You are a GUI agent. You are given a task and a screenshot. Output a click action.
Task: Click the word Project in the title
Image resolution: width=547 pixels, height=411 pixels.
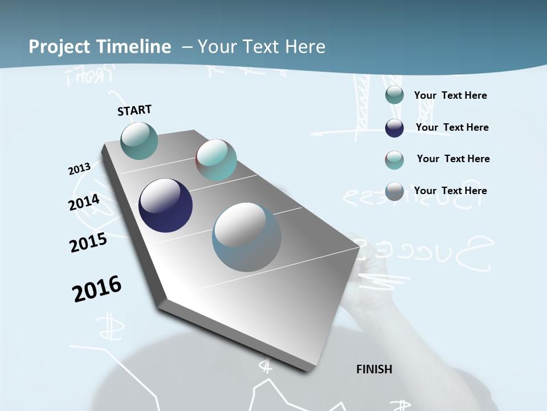click(x=60, y=47)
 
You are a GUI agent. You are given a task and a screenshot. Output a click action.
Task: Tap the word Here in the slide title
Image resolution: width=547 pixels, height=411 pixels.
click(x=305, y=47)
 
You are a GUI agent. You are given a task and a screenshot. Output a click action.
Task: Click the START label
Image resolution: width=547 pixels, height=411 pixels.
click(x=134, y=110)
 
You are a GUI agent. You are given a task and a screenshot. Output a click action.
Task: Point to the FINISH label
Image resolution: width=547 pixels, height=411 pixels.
click(x=374, y=369)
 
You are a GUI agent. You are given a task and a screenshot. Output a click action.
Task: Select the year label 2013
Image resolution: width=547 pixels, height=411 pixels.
click(x=79, y=169)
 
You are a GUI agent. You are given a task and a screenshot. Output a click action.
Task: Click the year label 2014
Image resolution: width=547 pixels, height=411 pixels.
click(x=84, y=203)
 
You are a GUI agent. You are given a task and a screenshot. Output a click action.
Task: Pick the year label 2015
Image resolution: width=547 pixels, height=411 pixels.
click(x=88, y=243)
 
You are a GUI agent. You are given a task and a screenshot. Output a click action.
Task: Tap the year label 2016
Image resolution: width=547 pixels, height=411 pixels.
click(x=97, y=289)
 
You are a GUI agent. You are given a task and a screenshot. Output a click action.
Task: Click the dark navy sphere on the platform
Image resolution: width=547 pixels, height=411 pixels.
click(x=165, y=205)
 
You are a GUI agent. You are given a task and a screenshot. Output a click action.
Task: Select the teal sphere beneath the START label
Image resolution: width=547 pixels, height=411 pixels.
click(x=139, y=140)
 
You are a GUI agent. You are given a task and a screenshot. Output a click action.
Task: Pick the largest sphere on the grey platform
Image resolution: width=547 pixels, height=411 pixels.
click(x=247, y=237)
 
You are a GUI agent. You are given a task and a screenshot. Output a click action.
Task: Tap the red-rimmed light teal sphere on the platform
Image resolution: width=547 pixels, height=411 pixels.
click(x=216, y=160)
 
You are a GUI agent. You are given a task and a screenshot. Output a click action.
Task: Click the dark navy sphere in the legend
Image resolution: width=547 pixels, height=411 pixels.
click(x=394, y=128)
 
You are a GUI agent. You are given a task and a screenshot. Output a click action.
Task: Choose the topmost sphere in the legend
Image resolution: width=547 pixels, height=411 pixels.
click(x=394, y=95)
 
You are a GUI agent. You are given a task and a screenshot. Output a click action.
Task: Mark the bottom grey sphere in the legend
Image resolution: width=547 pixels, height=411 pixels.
click(x=394, y=191)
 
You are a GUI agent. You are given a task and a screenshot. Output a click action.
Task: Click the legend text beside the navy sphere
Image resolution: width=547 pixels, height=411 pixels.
click(x=452, y=127)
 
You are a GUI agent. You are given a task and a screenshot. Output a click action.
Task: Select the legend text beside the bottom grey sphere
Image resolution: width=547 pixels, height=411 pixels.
click(x=450, y=191)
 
